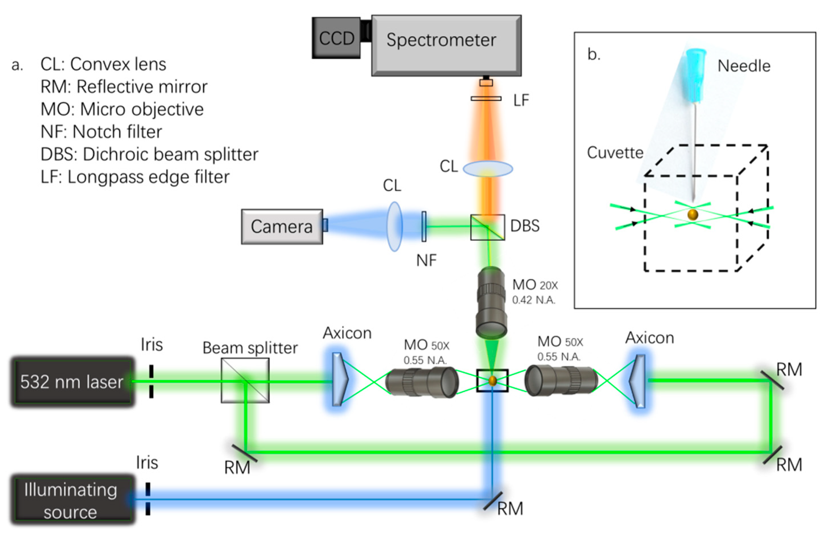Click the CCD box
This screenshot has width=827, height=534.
[x=336, y=38]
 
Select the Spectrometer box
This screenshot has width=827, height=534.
[x=446, y=45]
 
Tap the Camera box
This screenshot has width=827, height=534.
[x=282, y=227]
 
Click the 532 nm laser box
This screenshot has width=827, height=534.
[x=72, y=381]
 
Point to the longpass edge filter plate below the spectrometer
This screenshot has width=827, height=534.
[x=486, y=99]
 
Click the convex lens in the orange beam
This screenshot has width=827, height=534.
[x=488, y=169]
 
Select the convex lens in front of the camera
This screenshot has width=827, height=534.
[x=394, y=226]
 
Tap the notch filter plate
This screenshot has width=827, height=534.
[x=424, y=227]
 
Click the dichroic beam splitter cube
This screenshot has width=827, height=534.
[x=487, y=227]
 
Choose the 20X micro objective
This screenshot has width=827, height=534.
[x=492, y=302]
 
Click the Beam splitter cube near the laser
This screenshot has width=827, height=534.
[x=245, y=380]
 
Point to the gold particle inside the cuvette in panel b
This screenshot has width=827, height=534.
[x=693, y=215]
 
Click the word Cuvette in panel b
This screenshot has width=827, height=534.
[x=615, y=153]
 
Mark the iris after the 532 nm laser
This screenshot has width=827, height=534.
[x=151, y=381]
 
